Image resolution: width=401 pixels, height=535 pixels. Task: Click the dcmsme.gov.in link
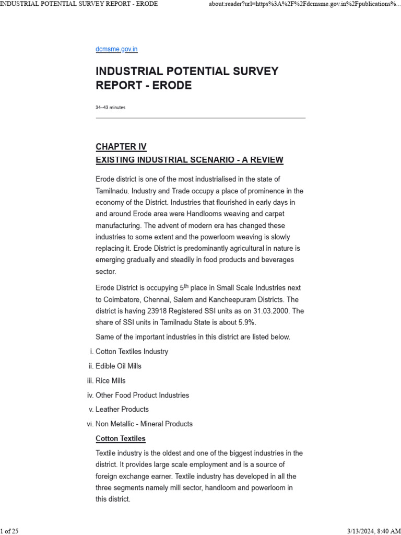[116, 49]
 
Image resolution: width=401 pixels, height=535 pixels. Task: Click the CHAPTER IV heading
[121, 146]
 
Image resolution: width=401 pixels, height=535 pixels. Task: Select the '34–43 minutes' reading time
[110, 108]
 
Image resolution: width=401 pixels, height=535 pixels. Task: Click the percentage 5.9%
[245, 322]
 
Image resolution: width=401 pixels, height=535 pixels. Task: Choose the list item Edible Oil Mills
[119, 366]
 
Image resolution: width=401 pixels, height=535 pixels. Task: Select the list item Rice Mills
[111, 381]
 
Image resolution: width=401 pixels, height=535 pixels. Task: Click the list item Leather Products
[122, 410]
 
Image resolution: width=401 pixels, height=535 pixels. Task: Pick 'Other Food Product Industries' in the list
[142, 396]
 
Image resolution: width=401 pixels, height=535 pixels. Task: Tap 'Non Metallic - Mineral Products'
[144, 424]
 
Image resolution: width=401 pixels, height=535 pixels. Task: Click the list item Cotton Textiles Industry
[132, 352]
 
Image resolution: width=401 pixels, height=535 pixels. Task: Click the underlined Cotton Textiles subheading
[121, 439]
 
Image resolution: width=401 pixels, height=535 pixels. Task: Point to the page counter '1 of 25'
[9, 531]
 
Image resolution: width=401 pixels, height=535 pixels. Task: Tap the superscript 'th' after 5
[187, 285]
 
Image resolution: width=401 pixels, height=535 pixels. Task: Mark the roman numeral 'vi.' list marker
[90, 424]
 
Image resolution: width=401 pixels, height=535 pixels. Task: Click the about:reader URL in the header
[300, 4]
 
